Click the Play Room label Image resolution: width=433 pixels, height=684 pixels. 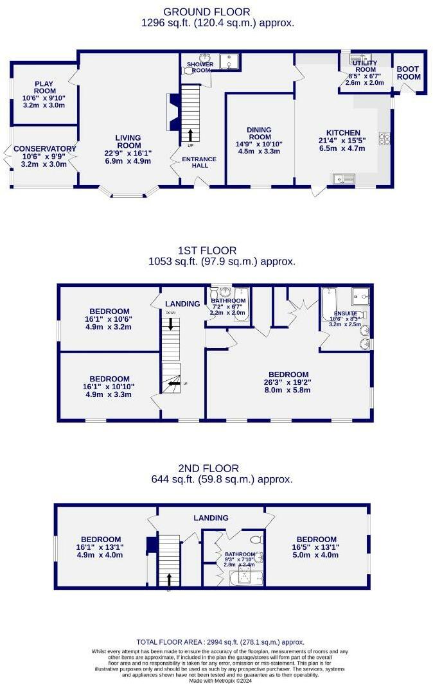(x=44, y=83)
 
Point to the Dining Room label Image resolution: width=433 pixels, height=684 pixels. (x=260, y=134)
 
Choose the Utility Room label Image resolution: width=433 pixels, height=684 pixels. (x=364, y=66)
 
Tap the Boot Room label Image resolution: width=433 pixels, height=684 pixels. (x=408, y=73)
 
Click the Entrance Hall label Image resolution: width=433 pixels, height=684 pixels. (x=199, y=162)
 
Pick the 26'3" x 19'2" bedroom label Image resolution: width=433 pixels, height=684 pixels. (x=288, y=374)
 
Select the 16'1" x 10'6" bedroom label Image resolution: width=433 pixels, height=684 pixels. (x=109, y=311)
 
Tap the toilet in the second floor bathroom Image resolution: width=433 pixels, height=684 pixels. (x=255, y=539)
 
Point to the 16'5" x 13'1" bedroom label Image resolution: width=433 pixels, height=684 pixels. (x=316, y=539)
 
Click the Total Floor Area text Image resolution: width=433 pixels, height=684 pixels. (x=220, y=642)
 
